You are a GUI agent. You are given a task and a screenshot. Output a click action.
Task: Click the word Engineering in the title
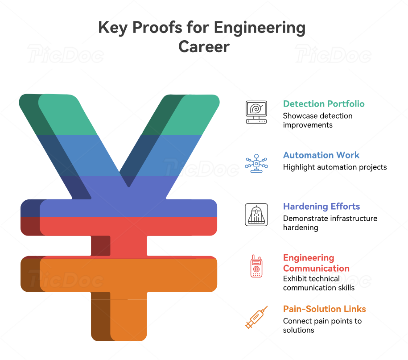pyautogui.click(x=260, y=28)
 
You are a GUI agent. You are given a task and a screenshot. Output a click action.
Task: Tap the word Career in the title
pyautogui.click(x=204, y=46)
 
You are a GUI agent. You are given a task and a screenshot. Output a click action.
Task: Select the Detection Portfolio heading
pyautogui.click(x=324, y=104)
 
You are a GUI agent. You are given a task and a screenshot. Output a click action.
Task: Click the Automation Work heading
pyautogui.click(x=321, y=155)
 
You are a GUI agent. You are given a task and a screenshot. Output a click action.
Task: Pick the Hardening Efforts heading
pyautogui.click(x=321, y=207)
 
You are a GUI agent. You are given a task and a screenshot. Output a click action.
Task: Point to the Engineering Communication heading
pyautogui.click(x=316, y=263)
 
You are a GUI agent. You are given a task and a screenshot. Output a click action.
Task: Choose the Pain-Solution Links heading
pyautogui.click(x=325, y=309)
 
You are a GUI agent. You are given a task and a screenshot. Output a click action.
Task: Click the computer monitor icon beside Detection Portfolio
pyautogui.click(x=256, y=112)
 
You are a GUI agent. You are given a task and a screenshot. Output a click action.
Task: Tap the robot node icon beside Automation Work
pyautogui.click(x=256, y=163)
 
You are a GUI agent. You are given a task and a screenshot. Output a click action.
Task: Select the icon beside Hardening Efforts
pyautogui.click(x=256, y=215)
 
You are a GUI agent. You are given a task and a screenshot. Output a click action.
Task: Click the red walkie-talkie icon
pyautogui.click(x=256, y=266)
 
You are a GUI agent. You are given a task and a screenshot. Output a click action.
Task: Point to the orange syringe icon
pyautogui.click(x=256, y=318)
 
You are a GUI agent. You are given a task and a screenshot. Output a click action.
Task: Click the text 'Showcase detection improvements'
pyautogui.click(x=317, y=120)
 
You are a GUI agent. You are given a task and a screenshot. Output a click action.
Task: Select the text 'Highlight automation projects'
pyautogui.click(x=335, y=167)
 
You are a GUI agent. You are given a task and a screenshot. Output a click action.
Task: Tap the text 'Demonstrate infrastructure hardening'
pyautogui.click(x=330, y=223)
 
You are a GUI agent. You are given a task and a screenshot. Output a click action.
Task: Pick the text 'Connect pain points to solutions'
pyautogui.click(x=322, y=326)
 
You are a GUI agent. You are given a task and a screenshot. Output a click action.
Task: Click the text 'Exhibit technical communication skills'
pyautogui.click(x=319, y=283)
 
